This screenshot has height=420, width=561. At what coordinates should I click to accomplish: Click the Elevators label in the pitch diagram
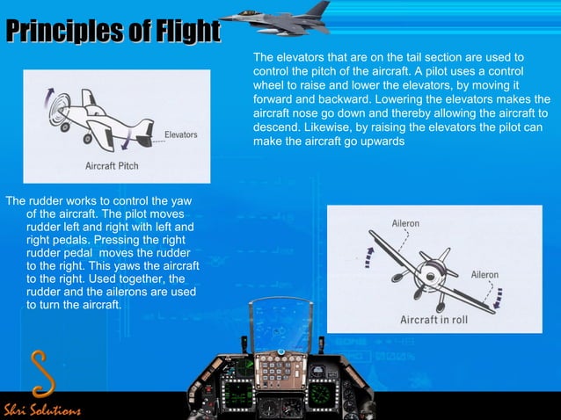180,135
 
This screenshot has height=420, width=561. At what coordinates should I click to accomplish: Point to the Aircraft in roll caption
434,320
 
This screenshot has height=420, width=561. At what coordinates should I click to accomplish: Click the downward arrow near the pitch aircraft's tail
131,135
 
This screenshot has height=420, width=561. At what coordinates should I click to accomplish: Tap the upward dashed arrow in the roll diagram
370,260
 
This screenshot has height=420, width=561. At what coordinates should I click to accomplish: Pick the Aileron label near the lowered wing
486,274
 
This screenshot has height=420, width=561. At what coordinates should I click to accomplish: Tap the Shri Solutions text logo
41,410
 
